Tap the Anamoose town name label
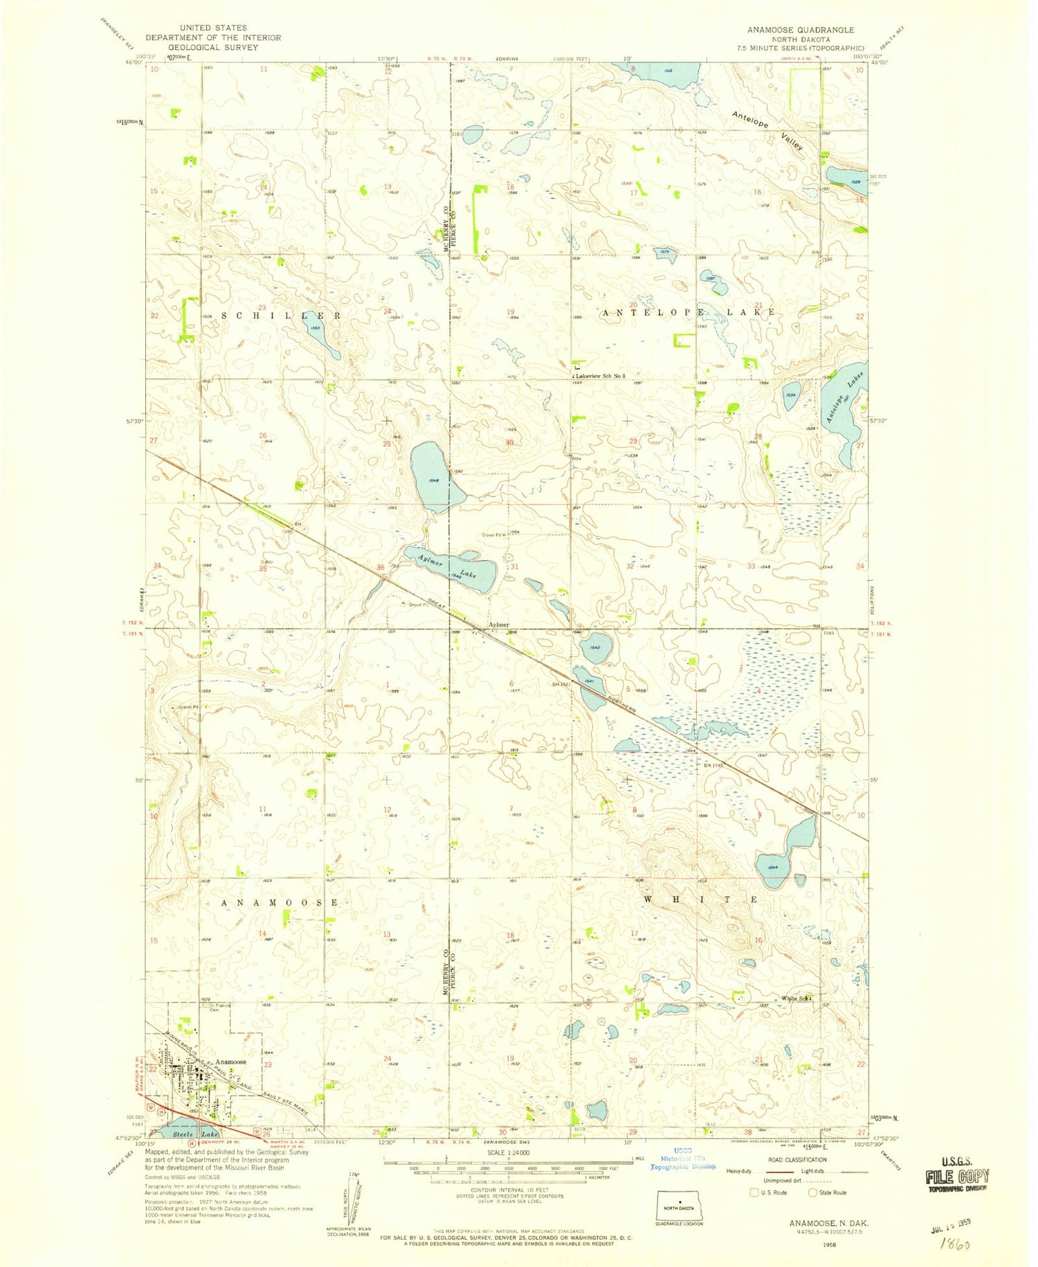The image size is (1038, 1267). (x=230, y=1061)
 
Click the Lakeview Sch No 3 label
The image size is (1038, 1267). (x=600, y=376)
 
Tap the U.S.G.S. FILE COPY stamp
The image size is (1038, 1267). (x=958, y=1177)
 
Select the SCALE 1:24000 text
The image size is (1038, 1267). (x=508, y=1152)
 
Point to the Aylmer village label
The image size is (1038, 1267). (x=500, y=624)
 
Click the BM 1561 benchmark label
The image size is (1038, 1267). (x=563, y=685)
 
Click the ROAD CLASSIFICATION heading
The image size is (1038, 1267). (x=797, y=1160)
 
